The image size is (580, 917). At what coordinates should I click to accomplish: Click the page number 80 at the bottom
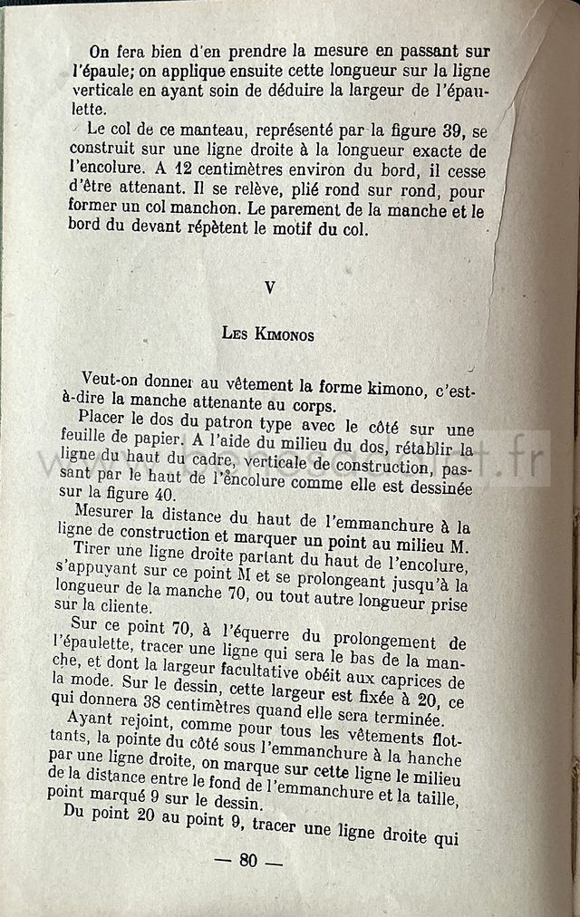(x=248, y=860)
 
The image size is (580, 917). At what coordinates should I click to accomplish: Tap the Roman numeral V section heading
(x=269, y=287)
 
